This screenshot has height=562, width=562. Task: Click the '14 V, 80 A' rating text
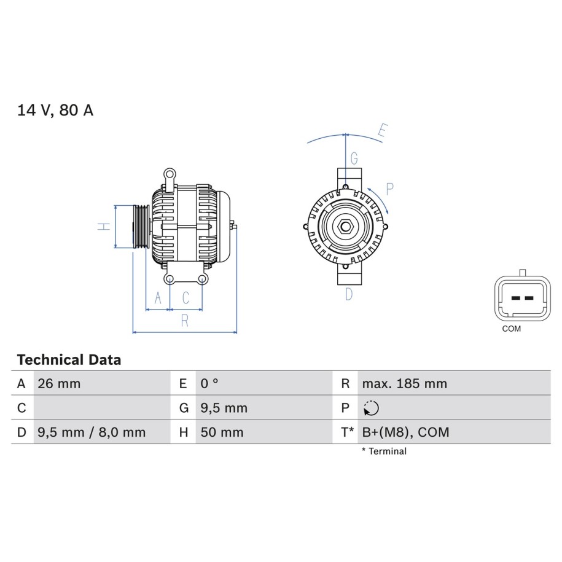pyautogui.click(x=55, y=110)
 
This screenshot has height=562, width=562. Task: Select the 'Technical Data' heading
pyautogui.click(x=69, y=359)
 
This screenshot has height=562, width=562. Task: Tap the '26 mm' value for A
pyautogui.click(x=59, y=383)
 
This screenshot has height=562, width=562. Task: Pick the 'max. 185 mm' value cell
pyautogui.click(x=405, y=383)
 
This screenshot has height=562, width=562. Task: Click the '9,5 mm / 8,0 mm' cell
pyautogui.click(x=92, y=432)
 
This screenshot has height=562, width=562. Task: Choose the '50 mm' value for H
pyautogui.click(x=222, y=432)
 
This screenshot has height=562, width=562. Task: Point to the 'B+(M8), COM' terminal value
pyautogui.click(x=405, y=432)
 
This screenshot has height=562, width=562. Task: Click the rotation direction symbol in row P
pyautogui.click(x=371, y=408)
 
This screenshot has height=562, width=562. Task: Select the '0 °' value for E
pyautogui.click(x=209, y=383)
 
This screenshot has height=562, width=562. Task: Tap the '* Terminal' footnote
pyautogui.click(x=384, y=451)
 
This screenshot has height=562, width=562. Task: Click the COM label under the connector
pyautogui.click(x=512, y=329)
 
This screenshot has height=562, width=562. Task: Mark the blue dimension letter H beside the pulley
pyautogui.click(x=104, y=226)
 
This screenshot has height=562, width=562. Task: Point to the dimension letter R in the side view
pyautogui.click(x=185, y=321)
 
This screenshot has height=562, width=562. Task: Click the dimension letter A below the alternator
pyautogui.click(x=158, y=298)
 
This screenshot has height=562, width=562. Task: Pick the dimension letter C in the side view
pyautogui.click(x=185, y=298)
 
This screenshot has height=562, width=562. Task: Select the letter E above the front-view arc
pyautogui.click(x=383, y=130)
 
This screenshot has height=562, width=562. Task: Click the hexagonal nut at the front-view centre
pyautogui.click(x=346, y=227)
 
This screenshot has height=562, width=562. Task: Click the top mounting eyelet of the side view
pyautogui.click(x=170, y=175)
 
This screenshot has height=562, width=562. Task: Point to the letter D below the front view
pyautogui.click(x=349, y=294)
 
